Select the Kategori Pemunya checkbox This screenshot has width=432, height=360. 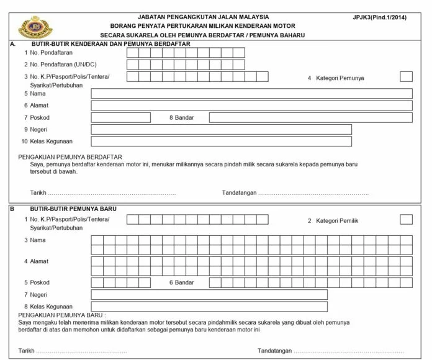(x=406, y=77)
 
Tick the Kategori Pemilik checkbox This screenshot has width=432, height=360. (x=406, y=219)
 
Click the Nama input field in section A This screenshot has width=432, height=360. (x=251, y=94)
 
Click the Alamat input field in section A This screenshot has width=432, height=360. (x=251, y=106)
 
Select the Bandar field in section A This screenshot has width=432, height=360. (x=310, y=117)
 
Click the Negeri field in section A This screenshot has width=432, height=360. (x=221, y=129)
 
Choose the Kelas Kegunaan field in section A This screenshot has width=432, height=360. (x=221, y=141)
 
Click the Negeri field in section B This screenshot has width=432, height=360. (x=209, y=294)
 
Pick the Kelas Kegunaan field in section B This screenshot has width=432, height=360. (x=209, y=306)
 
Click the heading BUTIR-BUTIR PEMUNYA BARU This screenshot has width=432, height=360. (x=73, y=209)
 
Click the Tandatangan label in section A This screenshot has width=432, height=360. (x=240, y=193)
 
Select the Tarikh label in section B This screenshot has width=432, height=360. (x=27, y=351)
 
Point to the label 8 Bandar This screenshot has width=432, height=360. (x=182, y=117)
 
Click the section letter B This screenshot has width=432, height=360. (x=12, y=209)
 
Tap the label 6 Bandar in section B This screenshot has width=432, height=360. (x=182, y=282)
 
